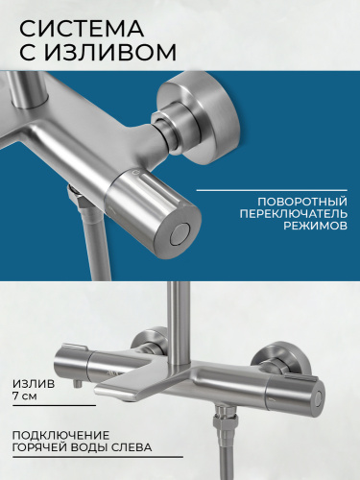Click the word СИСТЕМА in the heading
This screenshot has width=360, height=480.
[82, 28]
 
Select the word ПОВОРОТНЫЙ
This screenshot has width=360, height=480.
[302, 202]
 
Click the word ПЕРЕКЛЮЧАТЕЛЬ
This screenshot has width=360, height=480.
[294, 214]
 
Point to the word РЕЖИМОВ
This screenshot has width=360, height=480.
[316, 226]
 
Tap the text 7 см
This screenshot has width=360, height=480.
[25, 396]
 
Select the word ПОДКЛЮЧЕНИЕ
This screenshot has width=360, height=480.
[60, 435]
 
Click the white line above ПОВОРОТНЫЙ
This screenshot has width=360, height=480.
[272, 190]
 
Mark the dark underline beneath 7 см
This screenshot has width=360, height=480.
[55, 406]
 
